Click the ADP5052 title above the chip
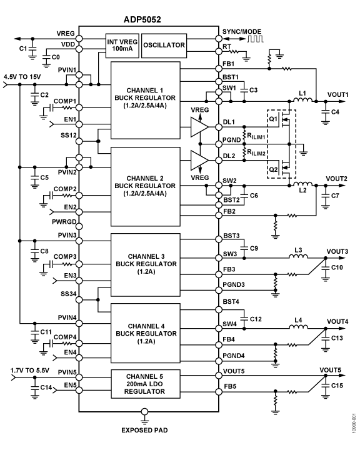(142, 19)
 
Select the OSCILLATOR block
(164, 46)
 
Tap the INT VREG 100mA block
(122, 46)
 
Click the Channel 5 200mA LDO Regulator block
(146, 384)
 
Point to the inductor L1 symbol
(302, 99)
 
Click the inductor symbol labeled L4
(298, 327)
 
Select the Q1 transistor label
(273, 119)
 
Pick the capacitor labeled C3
(244, 90)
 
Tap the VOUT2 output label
(336, 179)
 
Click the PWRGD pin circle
(79, 227)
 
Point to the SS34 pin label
(68, 294)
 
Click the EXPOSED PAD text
(144, 430)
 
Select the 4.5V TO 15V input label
(22, 77)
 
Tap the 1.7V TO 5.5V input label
(30, 370)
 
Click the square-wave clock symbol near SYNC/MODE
(255, 39)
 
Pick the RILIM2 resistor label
(256, 152)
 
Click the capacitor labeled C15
(326, 386)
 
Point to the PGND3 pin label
(234, 285)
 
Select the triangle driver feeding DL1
(199, 127)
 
